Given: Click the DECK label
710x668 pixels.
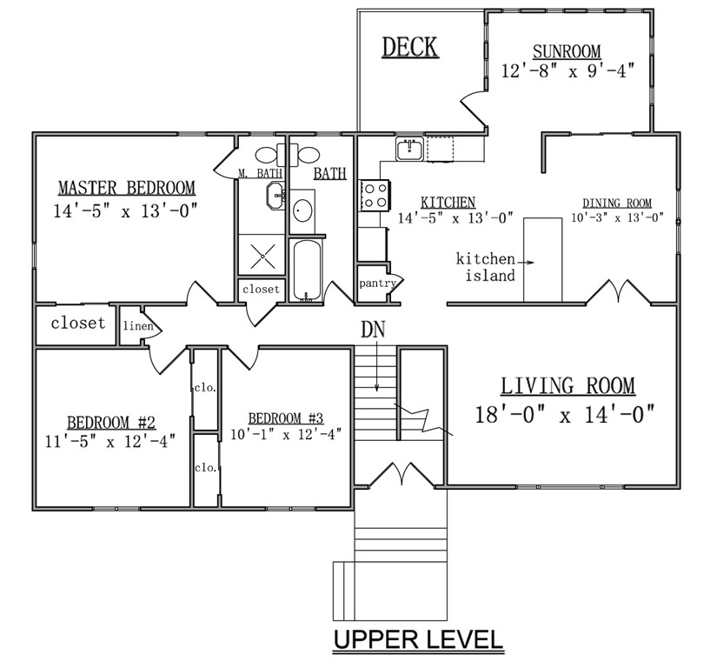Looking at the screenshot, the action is (410, 47).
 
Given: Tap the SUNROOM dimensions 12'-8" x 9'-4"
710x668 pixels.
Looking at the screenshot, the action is (567, 71).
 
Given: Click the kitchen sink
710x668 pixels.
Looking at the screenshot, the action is (410, 149).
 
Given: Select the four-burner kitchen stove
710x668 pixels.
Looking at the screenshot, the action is (375, 196).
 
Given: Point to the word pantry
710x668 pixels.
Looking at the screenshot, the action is (377, 284).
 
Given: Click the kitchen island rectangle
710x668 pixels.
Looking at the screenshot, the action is (542, 260).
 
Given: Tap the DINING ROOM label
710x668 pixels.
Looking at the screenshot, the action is (617, 203).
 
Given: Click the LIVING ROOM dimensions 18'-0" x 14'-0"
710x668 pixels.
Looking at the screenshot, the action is (565, 414).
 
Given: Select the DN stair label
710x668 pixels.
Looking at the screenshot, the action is (373, 330).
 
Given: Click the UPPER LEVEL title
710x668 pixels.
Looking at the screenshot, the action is (418, 639).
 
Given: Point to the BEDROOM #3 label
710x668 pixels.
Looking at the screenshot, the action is (286, 417).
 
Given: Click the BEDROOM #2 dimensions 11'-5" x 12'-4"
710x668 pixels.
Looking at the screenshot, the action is (110, 441).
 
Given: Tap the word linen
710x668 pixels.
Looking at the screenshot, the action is (138, 326).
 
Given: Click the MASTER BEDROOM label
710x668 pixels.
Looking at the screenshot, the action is (127, 188).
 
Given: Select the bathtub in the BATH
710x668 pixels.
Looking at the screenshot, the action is (308, 271).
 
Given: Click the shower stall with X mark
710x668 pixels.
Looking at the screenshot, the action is (262, 255).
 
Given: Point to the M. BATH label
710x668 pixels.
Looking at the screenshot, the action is (261, 173).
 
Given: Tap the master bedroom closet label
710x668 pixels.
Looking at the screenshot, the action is (78, 323).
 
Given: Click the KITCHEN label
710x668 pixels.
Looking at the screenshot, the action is (448, 202).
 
